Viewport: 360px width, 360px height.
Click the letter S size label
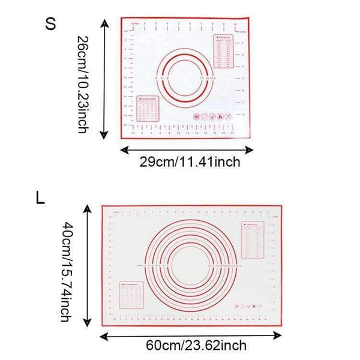click(x=51, y=25)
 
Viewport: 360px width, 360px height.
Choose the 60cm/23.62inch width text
click(x=196, y=345)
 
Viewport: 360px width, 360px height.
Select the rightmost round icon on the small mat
click(x=226, y=117)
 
